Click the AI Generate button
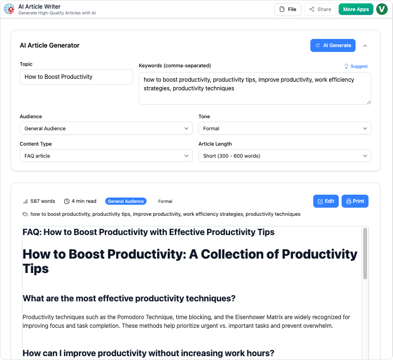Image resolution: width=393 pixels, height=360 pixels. (x=332, y=45)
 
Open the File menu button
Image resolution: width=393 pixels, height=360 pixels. (x=288, y=9)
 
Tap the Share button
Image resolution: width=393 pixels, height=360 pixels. (x=320, y=9)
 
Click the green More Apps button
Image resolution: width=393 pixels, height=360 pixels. (x=356, y=9)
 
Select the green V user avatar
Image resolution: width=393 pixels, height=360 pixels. (x=382, y=9)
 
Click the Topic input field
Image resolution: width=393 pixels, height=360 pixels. (x=76, y=77)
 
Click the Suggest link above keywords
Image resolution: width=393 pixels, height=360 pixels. (x=356, y=66)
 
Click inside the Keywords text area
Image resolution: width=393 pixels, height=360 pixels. (x=255, y=88)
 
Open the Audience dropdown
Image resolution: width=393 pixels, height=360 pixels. (x=106, y=128)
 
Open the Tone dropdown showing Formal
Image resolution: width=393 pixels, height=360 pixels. (x=284, y=128)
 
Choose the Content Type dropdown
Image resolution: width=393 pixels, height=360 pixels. (x=106, y=156)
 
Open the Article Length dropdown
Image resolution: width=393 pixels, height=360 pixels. (x=284, y=156)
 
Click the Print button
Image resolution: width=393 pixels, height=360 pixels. (x=355, y=201)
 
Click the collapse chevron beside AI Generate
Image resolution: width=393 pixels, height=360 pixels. (x=365, y=46)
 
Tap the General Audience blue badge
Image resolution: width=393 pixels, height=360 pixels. (x=125, y=201)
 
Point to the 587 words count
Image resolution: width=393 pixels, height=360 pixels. (x=39, y=201)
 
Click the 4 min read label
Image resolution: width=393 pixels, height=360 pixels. (x=81, y=201)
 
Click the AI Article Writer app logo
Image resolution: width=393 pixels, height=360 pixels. (x=9, y=9)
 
